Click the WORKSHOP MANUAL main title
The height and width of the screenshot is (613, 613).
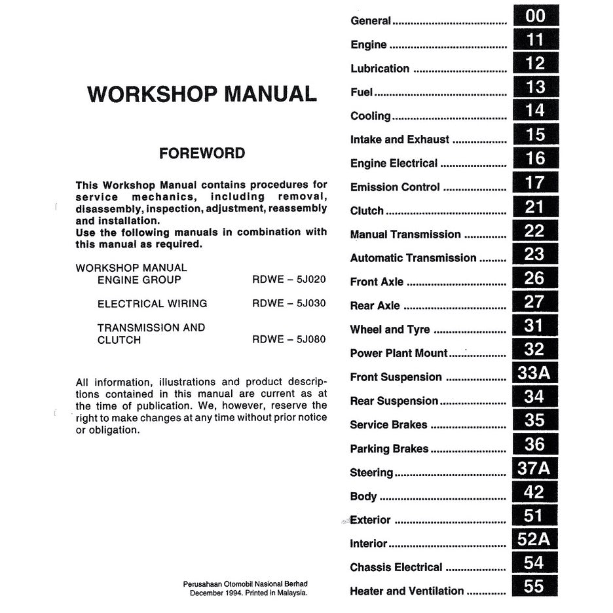pyautogui.click(x=202, y=94)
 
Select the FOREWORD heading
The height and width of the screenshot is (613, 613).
pyautogui.click(x=202, y=153)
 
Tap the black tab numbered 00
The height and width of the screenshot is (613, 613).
pyautogui.click(x=535, y=16)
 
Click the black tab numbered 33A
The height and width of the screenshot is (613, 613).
pyautogui.click(x=535, y=373)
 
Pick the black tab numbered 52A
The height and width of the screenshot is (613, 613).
pyautogui.click(x=535, y=540)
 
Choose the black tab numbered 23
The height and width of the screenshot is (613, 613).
pyautogui.click(x=535, y=254)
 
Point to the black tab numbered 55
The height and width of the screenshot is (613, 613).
pyautogui.click(x=535, y=587)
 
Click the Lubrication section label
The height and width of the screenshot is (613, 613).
pyautogui.click(x=380, y=69)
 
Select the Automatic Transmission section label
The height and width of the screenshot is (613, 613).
pyautogui.click(x=413, y=258)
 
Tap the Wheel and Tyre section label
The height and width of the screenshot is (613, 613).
pyautogui.click(x=390, y=329)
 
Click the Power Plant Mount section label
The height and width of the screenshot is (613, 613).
pyautogui.click(x=399, y=353)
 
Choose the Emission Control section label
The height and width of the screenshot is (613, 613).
pyautogui.click(x=395, y=187)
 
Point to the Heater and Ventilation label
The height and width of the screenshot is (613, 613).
pyautogui.click(x=407, y=591)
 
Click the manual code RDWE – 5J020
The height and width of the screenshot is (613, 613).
pyautogui.click(x=289, y=280)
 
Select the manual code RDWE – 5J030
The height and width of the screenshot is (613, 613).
pyautogui.click(x=289, y=304)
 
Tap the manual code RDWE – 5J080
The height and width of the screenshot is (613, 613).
pyautogui.click(x=289, y=340)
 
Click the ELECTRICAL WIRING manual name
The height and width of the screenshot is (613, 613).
pyautogui.click(x=152, y=304)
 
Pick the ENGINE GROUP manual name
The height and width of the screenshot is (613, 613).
pyautogui.click(x=139, y=280)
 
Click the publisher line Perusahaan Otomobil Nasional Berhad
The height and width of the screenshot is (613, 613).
pyautogui.click(x=246, y=584)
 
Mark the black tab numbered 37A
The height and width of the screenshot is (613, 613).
pyautogui.click(x=535, y=468)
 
